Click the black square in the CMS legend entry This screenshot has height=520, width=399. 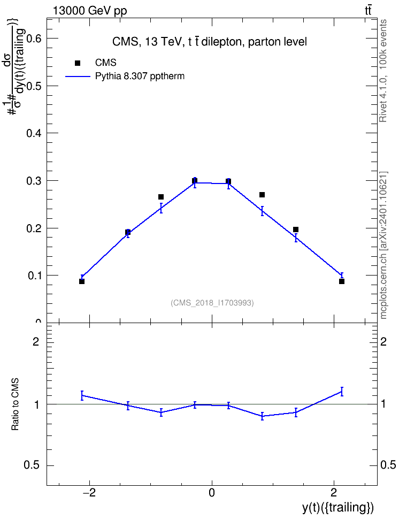click(x=78, y=63)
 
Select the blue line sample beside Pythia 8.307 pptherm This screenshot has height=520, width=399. click(x=78, y=77)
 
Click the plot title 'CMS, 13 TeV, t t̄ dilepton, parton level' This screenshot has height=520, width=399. click(x=210, y=42)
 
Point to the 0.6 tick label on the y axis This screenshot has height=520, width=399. click(x=34, y=39)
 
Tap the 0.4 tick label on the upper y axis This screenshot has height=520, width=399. click(x=34, y=133)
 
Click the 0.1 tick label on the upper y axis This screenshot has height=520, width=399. click(x=34, y=276)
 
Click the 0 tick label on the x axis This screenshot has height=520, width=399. click(x=212, y=493)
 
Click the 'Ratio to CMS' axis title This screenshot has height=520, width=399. click(x=15, y=404)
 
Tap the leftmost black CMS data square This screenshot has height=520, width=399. click(x=82, y=281)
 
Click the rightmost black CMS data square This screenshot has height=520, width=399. click(x=342, y=281)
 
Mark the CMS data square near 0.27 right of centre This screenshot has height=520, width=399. click(x=262, y=195)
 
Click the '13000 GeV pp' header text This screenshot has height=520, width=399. click(x=90, y=11)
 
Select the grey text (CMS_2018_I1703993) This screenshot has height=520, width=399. click(x=212, y=303)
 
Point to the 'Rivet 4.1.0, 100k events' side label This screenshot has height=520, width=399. click(x=383, y=71)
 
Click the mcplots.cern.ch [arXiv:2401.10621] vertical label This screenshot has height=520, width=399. click(x=383, y=246)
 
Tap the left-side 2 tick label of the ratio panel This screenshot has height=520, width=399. click(x=36, y=341)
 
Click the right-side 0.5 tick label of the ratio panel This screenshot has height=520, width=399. click(x=388, y=465)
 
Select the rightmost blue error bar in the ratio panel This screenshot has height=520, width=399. click(x=342, y=392)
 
